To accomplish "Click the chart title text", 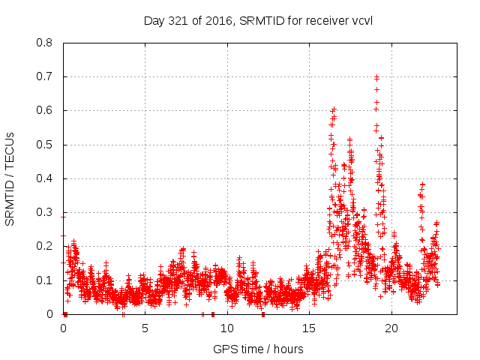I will point(258,20).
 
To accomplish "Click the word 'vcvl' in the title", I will point(361,20).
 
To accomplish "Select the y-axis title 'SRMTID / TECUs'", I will point(10,178).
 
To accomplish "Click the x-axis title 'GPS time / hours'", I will point(258,349).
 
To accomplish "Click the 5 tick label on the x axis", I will point(145,328).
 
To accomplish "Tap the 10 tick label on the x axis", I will point(227,328).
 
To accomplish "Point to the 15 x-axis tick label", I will point(309,328).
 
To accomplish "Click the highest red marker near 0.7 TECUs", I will point(376,76).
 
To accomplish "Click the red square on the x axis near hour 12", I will point(263,313).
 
